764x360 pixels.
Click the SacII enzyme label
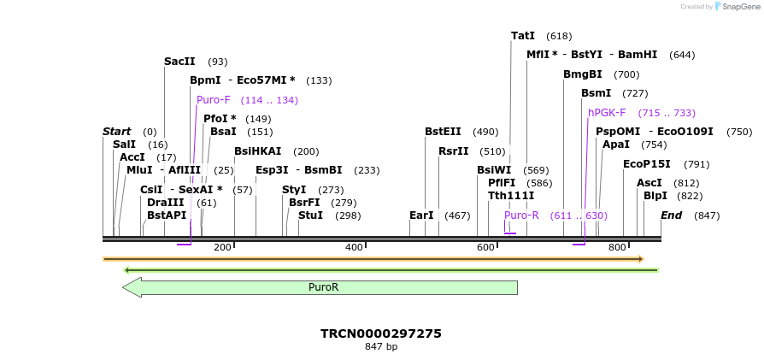point(179,62)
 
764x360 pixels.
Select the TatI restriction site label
point(523,36)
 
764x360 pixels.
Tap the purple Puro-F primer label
point(214,100)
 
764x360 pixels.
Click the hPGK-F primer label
point(607,113)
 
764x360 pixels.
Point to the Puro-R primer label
point(521,215)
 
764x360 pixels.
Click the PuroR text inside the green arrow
point(323,287)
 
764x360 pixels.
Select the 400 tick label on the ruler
point(355,248)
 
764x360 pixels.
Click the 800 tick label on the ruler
point(617,248)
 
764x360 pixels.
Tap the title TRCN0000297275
point(381,333)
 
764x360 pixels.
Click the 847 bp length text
point(381,347)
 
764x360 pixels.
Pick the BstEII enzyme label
point(443,132)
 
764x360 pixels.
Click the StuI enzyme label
point(311,215)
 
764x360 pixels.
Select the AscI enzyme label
point(649,183)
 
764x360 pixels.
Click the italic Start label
point(116,132)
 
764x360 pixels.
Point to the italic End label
point(671,215)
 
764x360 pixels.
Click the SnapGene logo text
point(741,7)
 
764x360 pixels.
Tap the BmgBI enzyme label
point(583,74)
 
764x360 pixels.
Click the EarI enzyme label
point(421,215)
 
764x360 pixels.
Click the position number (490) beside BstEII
point(485,132)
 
